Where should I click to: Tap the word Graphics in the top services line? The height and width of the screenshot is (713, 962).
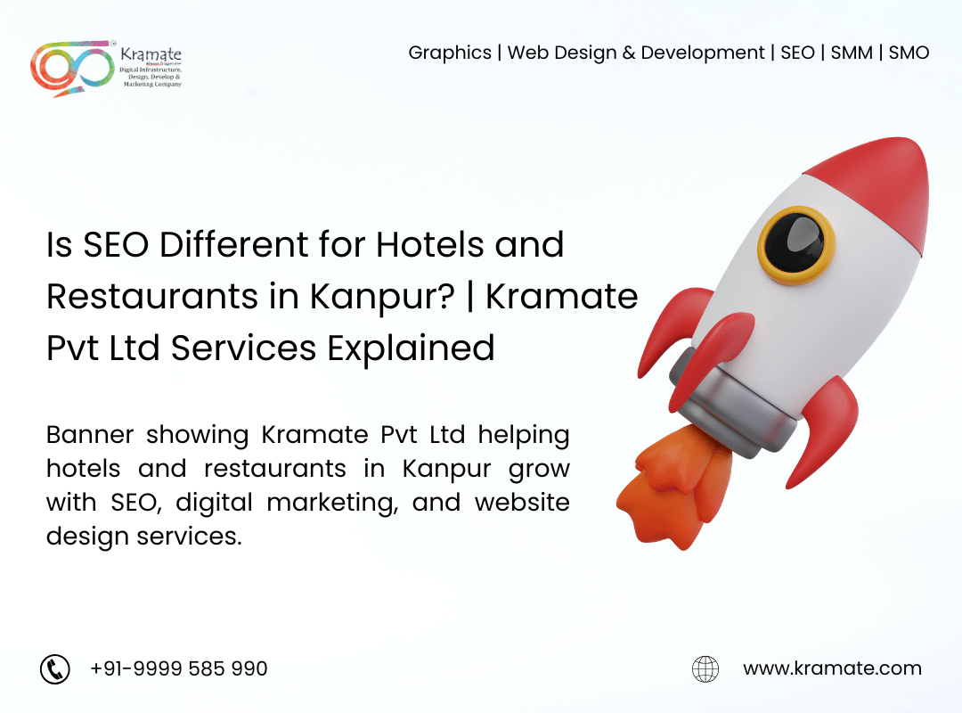point(450,53)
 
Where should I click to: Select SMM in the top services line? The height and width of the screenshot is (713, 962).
point(852,53)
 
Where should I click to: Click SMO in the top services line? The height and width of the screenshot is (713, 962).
point(909,53)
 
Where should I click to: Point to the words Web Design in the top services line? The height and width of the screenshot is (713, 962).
point(562,53)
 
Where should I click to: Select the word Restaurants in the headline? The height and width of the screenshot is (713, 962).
point(153,296)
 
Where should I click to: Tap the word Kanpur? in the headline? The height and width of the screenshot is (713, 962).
point(382,298)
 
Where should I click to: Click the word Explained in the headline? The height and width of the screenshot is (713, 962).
point(411,349)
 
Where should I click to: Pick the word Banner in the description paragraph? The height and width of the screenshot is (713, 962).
point(90,434)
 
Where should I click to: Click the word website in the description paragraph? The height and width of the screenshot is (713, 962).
point(522,502)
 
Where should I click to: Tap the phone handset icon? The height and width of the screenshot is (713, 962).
point(55,668)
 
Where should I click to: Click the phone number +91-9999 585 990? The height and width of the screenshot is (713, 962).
point(178,668)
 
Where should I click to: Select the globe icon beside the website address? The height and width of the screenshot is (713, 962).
point(705,668)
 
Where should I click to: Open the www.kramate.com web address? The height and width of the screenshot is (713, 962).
point(832,668)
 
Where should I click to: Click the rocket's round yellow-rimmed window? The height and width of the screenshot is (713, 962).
point(796,245)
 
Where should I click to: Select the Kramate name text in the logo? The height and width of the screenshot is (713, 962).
point(151,54)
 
